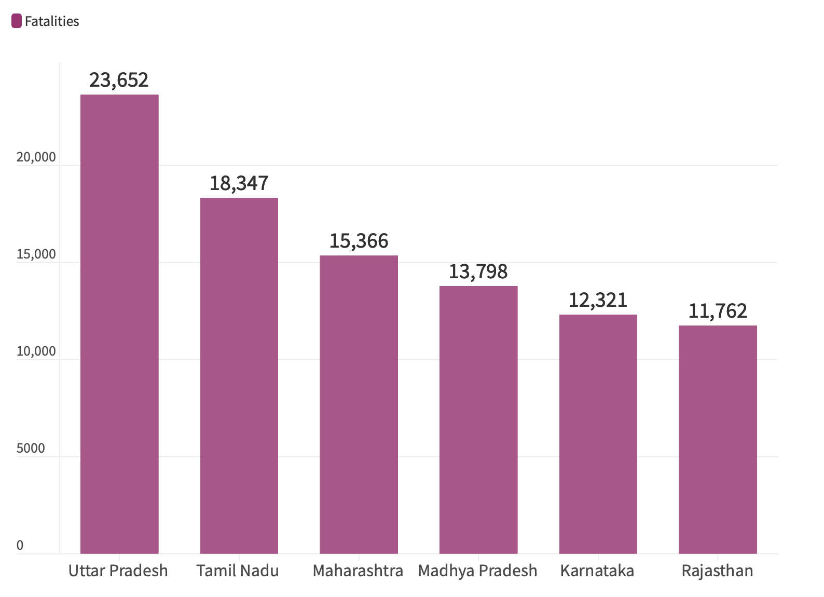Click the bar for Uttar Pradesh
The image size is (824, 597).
click(119, 324)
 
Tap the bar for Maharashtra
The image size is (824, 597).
click(359, 404)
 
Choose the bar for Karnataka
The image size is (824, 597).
click(598, 434)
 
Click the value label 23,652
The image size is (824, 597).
click(119, 80)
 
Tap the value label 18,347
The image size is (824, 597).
click(239, 183)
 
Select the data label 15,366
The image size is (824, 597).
click(359, 241)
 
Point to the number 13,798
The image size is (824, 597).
click(478, 272)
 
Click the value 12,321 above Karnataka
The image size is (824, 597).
click(598, 300)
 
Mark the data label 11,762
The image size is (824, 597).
click(718, 311)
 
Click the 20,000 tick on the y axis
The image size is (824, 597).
click(36, 157)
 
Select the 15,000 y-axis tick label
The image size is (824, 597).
click(36, 254)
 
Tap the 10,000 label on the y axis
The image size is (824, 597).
click(36, 351)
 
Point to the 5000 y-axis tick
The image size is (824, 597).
click(31, 449)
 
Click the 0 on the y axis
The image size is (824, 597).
click(20, 546)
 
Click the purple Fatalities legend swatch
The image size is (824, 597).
click(17, 21)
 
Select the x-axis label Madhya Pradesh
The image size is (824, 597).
click(477, 571)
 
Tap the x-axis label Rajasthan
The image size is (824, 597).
click(717, 571)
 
